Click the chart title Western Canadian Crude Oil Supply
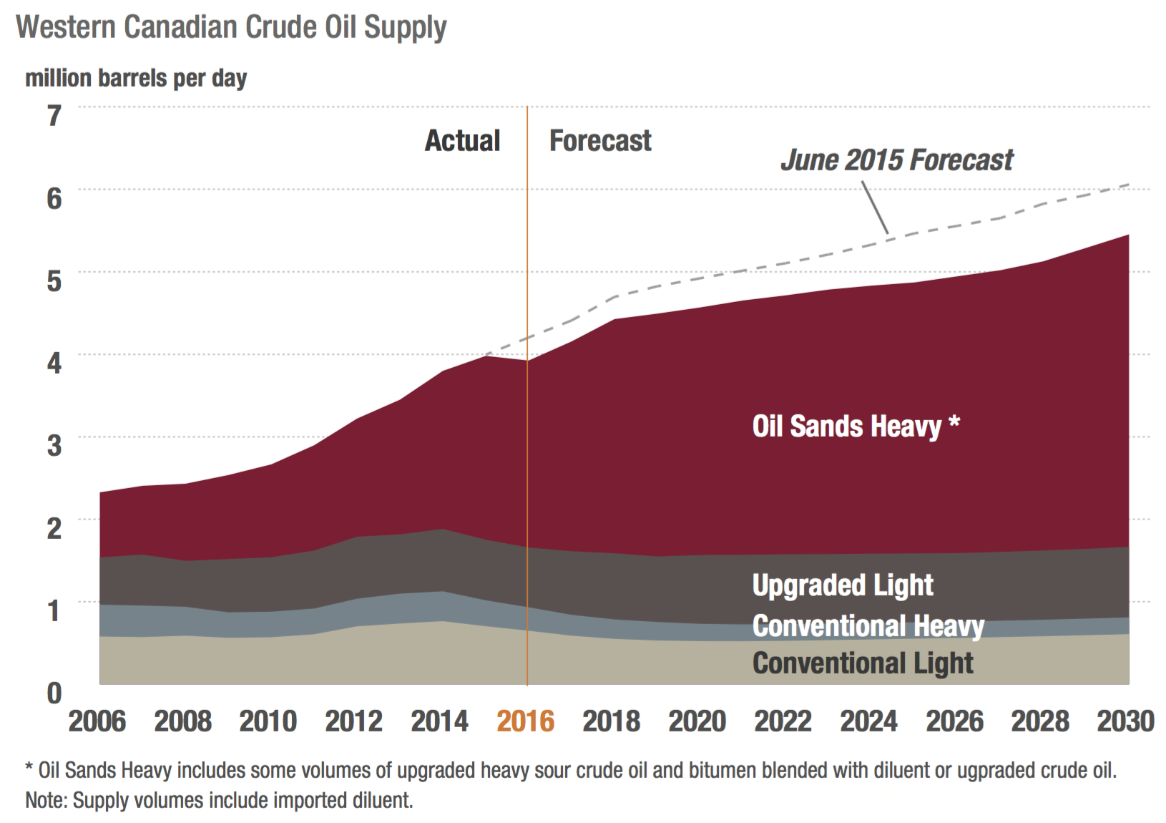coord(231,29)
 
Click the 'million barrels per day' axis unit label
coord(136,78)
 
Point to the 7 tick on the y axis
coord(54,116)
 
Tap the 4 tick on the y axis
coord(54,363)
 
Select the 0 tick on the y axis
coord(54,693)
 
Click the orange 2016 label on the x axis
coord(526,721)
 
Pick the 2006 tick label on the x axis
coord(97,721)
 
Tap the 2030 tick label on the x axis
coord(1125,721)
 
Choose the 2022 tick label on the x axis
coord(783,721)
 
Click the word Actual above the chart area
coord(462,141)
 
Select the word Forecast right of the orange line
coord(600,141)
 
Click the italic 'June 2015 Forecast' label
coord(897,160)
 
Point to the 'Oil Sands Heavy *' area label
coord(856,427)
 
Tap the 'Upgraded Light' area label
coord(843,585)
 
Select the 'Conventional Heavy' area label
coord(868,626)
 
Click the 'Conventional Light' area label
coord(863,663)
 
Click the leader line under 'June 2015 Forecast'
coord(876,208)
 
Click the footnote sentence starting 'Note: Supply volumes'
coord(219,800)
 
